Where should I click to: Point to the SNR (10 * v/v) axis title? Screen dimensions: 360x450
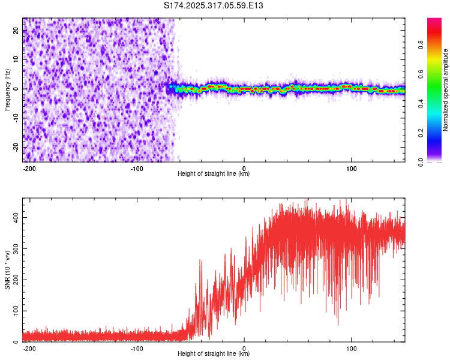tap(7, 270)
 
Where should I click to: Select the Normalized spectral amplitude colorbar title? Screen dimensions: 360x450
tap(446, 90)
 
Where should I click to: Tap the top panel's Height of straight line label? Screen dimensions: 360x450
tap(214, 173)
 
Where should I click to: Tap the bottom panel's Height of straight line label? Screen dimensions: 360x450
tap(214, 353)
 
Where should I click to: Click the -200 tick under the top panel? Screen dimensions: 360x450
tap(29, 168)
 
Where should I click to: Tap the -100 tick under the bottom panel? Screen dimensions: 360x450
tap(137, 348)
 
